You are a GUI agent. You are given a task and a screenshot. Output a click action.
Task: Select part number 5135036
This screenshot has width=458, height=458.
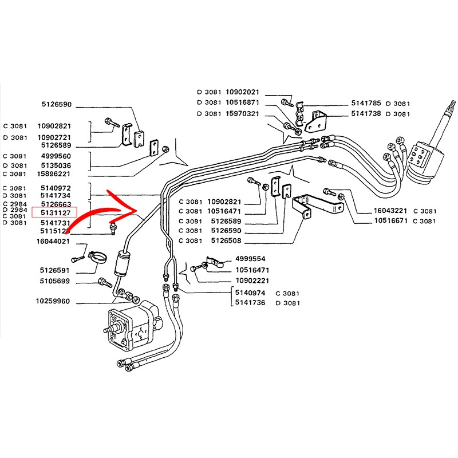click(x=55, y=165)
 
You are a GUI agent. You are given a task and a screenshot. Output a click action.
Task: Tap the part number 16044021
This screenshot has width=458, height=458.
click(x=53, y=242)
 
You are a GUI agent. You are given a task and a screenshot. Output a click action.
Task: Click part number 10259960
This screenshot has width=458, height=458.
click(x=53, y=301)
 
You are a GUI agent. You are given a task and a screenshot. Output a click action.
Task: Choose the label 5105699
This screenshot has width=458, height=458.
click(x=55, y=281)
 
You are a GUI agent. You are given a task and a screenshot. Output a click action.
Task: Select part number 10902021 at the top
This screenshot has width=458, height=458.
click(x=243, y=92)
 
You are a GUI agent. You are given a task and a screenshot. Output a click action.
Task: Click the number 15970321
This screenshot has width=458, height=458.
click(x=243, y=113)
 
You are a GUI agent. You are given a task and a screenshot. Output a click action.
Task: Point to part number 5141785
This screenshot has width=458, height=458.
click(x=366, y=104)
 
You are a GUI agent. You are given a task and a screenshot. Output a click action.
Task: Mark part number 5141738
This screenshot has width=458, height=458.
click(x=366, y=114)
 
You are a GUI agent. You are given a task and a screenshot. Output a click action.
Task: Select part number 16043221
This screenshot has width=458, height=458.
click(x=391, y=211)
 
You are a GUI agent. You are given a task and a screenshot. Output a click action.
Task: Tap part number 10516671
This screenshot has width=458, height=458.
click(x=391, y=220)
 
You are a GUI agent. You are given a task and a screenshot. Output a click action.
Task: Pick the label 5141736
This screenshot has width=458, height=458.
click(x=250, y=302)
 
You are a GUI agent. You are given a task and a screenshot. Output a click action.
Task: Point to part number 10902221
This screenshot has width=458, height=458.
click(x=252, y=281)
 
